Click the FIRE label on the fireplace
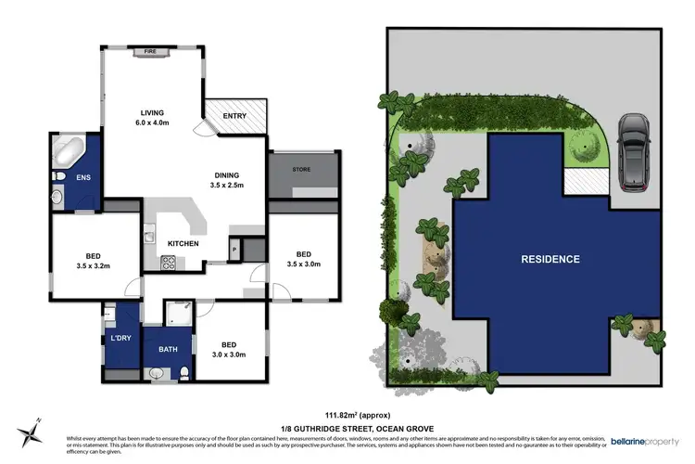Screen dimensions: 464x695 [x=149, y=53]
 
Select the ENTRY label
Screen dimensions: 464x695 [x=235, y=116]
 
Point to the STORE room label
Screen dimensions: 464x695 [x=301, y=170]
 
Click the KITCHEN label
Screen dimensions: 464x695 [x=183, y=244]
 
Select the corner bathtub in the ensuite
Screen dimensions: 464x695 [x=68, y=150]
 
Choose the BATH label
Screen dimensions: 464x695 [x=168, y=349]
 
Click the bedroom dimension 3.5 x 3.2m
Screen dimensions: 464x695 [x=93, y=266]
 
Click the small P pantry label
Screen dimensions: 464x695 [x=234, y=251]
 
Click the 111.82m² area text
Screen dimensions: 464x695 [x=347, y=415]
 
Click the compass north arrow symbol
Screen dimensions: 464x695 [x=30, y=432]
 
